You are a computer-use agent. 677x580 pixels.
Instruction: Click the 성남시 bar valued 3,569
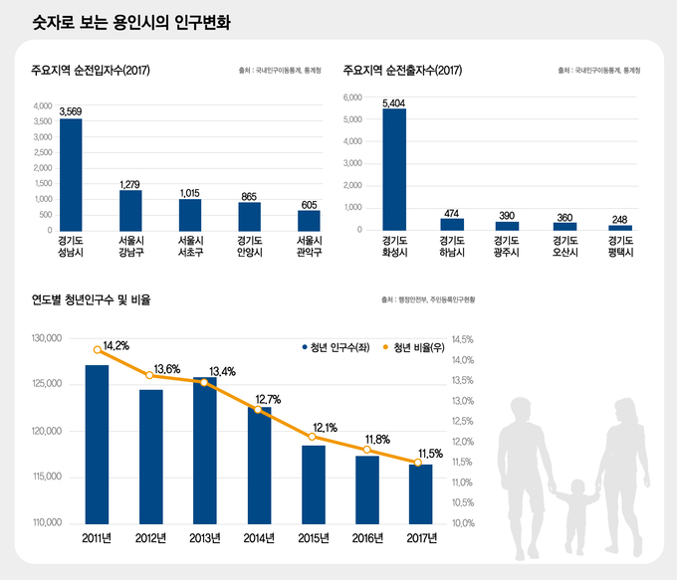tap(71, 175)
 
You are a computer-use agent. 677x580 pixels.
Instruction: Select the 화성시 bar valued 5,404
tap(393, 170)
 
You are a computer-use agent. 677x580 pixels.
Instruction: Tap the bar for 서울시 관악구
tap(309, 220)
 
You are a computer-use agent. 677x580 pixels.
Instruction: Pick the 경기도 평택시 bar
tap(621, 227)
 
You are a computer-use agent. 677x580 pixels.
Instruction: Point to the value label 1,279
tap(129, 184)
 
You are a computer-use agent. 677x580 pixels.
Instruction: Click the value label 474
tap(452, 212)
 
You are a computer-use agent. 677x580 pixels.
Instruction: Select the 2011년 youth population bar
tap(98, 444)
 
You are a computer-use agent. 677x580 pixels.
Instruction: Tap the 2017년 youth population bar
tap(420, 493)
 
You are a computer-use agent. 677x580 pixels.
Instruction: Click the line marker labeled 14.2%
tap(98, 349)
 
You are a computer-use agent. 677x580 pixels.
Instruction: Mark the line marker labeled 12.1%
tap(313, 437)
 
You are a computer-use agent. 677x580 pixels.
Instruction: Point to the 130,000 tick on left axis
tap(47, 339)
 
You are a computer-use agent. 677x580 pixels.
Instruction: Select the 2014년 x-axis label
tap(259, 540)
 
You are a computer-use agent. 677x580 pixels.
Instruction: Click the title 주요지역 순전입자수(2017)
tap(91, 70)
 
